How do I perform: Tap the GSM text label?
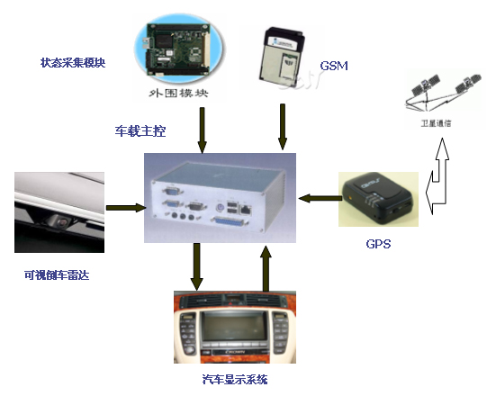pyautogui.click(x=334, y=66)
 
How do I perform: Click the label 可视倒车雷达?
pyautogui.click(x=56, y=274)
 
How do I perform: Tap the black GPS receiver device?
pyautogui.click(x=376, y=199)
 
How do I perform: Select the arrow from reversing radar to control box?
pyautogui.click(x=124, y=208)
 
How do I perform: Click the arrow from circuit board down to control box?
pyautogui.click(x=203, y=129)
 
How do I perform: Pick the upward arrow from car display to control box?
pyautogui.click(x=266, y=267)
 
